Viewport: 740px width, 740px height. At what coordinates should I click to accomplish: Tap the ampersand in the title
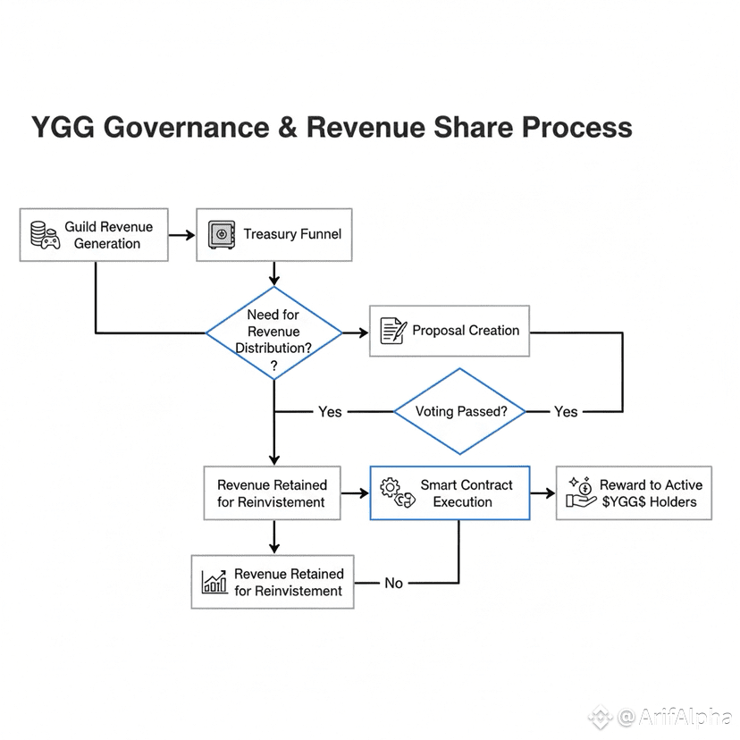coord(288,126)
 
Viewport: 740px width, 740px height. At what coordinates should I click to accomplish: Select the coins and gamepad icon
coord(45,234)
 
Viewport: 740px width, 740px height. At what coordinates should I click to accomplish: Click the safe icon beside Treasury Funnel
coord(221,234)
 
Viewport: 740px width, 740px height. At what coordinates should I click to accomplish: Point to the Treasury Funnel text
coord(292,234)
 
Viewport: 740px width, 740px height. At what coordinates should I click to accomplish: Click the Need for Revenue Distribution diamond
coord(273,332)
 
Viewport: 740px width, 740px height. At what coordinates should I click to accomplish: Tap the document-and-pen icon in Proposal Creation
coord(393,331)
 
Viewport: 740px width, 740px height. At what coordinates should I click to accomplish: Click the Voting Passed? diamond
coord(461,411)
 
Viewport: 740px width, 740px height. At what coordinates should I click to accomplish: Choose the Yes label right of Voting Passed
coord(566,411)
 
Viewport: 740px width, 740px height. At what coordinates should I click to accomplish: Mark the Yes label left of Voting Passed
coord(330,411)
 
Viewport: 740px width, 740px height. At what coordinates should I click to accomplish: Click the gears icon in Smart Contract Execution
coord(398,493)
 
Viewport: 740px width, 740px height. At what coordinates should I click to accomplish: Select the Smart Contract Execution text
coord(467,493)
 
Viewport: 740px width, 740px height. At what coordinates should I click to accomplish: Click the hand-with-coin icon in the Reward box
coord(581,493)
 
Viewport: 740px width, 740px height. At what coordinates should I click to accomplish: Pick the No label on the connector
coord(394,583)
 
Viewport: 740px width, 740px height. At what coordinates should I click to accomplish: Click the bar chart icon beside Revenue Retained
coord(214,583)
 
